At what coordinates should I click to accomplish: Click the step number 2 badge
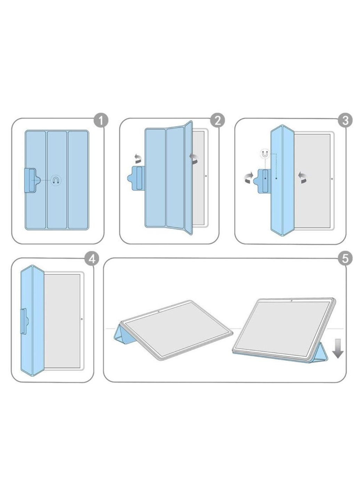tap(218, 121)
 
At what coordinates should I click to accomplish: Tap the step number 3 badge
tap(345, 121)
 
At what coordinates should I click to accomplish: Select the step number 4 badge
tap(91, 259)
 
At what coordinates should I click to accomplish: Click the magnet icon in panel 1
tap(56, 180)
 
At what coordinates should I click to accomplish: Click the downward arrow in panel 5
tap(337, 349)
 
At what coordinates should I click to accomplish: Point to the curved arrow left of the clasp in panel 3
tap(249, 178)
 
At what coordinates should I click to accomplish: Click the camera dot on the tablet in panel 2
tap(206, 176)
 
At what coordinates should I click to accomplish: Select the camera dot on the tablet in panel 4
tap(81, 319)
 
